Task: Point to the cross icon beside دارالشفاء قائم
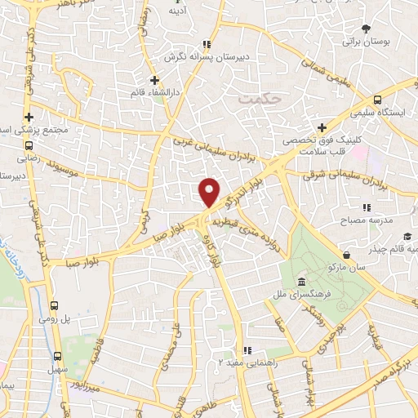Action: point(154,79)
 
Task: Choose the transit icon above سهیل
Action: point(57,356)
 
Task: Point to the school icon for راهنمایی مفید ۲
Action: point(244,349)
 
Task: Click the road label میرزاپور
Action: point(86,386)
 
